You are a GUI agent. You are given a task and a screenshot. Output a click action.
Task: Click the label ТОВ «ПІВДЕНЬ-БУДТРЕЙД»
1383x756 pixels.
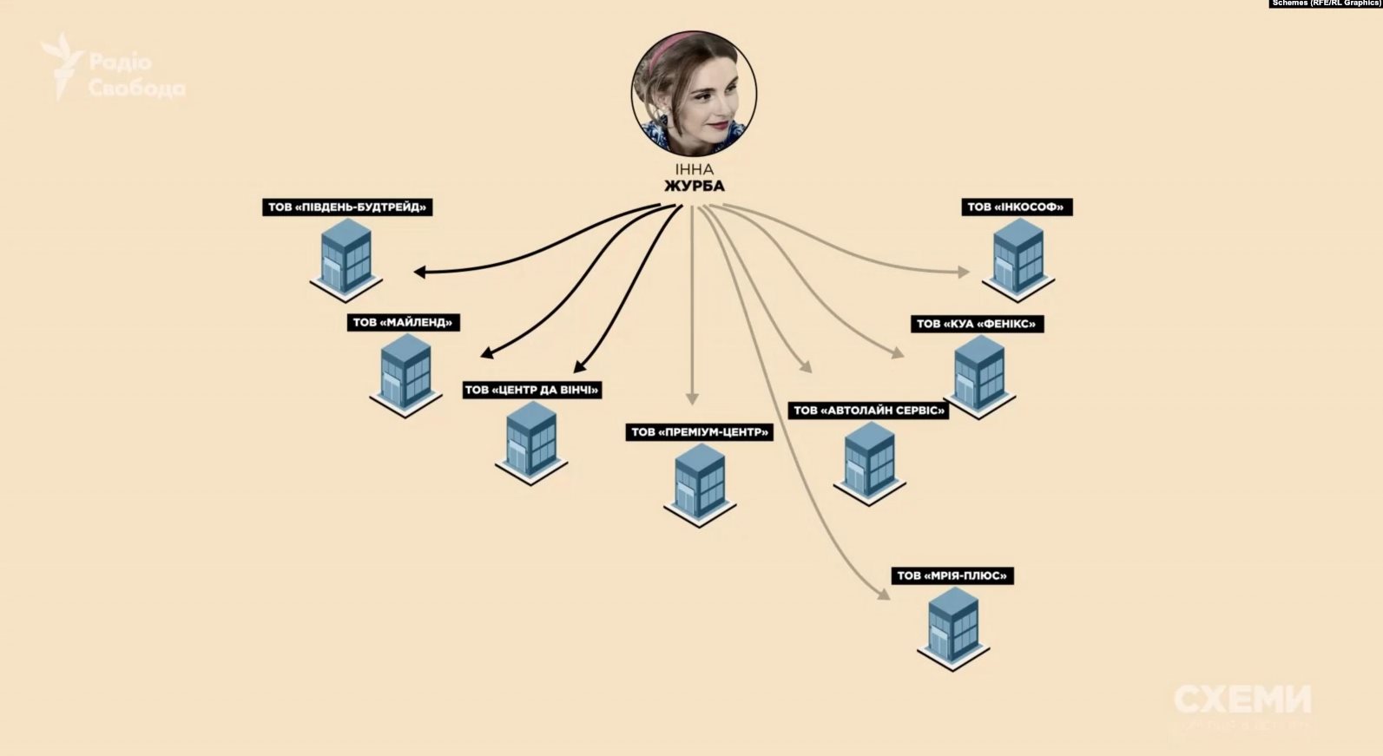(x=347, y=207)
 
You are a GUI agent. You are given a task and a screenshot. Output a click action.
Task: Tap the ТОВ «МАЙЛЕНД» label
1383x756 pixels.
(x=403, y=323)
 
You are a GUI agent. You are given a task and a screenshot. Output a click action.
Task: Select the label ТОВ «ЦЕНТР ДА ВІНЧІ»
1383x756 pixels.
(x=532, y=390)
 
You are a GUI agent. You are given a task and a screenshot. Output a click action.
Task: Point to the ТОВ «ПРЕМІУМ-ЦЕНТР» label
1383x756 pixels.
(x=700, y=432)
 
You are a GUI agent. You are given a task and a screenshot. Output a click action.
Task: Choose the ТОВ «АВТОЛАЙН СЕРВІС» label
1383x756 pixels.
(x=868, y=411)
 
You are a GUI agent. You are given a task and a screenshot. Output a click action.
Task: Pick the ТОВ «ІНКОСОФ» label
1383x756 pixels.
(x=1017, y=207)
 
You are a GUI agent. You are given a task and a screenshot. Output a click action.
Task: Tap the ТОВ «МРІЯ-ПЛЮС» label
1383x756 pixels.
(x=952, y=576)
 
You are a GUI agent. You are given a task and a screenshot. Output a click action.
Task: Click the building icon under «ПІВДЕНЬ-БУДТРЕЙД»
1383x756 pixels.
(x=346, y=259)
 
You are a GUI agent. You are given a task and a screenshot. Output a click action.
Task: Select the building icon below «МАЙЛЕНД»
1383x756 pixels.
(x=405, y=374)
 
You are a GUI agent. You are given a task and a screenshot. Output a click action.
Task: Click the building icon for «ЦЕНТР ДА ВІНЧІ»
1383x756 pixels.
(x=531, y=442)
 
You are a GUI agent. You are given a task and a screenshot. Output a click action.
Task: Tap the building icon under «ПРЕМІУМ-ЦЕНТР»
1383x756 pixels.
(x=700, y=484)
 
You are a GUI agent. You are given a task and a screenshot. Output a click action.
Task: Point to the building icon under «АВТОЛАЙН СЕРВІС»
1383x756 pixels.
(x=869, y=463)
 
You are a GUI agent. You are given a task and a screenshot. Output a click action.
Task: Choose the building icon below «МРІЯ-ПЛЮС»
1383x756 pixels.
(x=953, y=628)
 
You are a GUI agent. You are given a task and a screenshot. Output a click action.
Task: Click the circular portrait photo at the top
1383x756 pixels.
(x=694, y=94)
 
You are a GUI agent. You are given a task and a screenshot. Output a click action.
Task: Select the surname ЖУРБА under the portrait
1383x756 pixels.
(x=694, y=187)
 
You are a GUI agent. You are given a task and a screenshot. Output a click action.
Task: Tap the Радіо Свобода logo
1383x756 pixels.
(x=113, y=67)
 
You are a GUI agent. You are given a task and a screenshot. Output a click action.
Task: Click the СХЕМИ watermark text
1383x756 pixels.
(x=1242, y=699)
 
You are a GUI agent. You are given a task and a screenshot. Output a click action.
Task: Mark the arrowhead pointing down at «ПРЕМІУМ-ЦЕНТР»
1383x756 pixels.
(x=692, y=398)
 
